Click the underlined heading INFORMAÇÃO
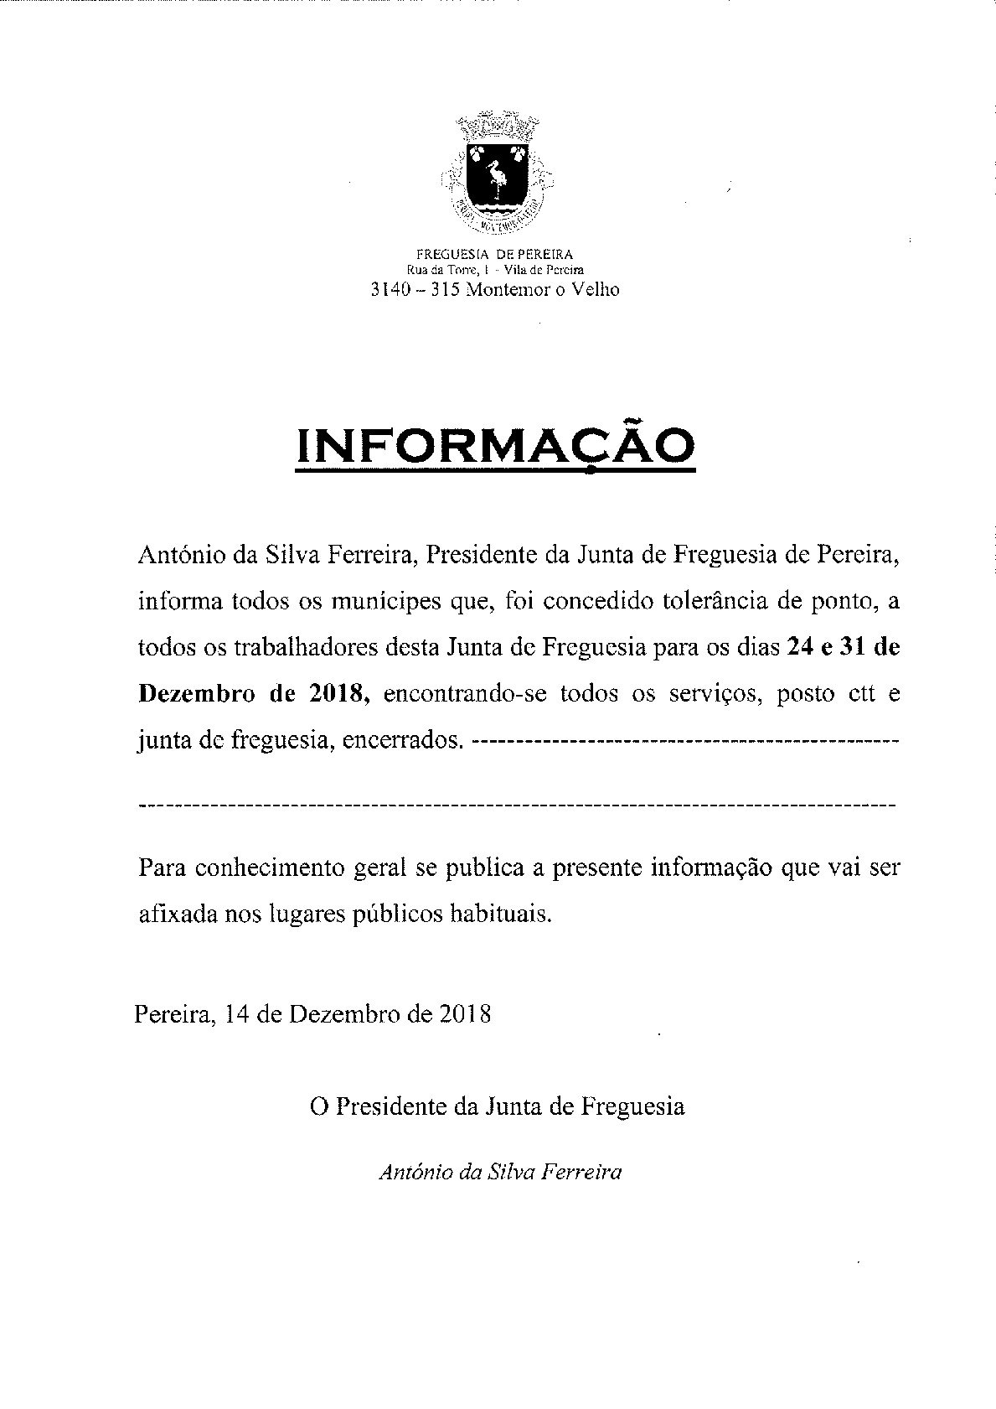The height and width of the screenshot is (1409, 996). click(x=496, y=446)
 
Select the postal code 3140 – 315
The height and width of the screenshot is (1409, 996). click(x=414, y=290)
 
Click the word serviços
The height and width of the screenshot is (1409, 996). click(x=720, y=694)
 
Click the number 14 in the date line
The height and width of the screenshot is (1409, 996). click(x=238, y=1014)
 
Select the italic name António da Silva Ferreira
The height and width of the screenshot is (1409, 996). click(x=500, y=1172)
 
